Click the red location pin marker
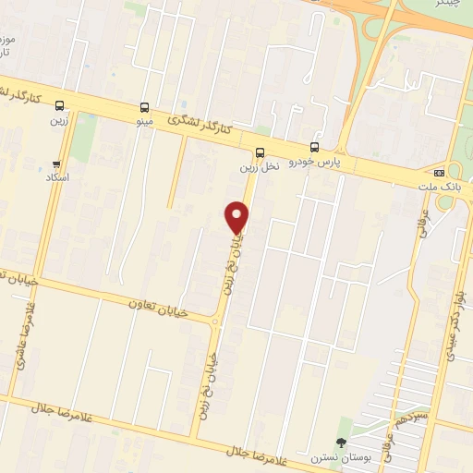[237, 218]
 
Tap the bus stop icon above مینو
[144, 107]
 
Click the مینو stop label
[143, 121]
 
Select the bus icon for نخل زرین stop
[259, 153]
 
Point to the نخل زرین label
[259, 167]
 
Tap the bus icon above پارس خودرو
[314, 147]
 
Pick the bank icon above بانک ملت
[439, 172]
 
